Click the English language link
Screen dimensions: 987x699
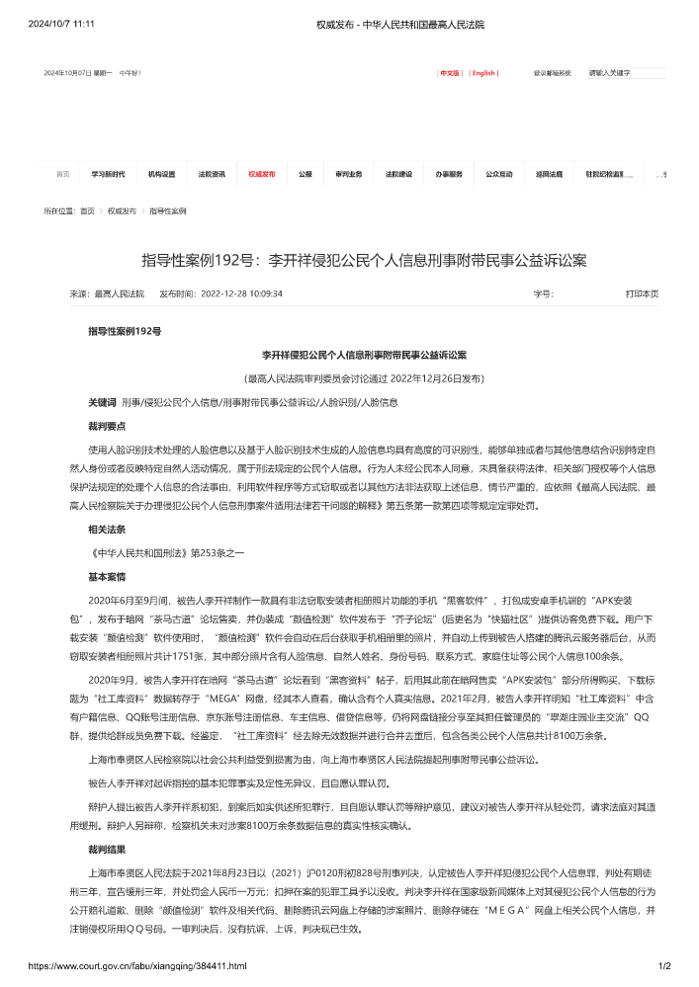pos(483,73)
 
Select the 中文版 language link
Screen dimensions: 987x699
pos(450,73)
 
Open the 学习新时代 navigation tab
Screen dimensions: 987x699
pos(109,174)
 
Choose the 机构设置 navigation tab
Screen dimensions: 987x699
pos(161,174)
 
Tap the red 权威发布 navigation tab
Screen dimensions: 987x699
pos(262,174)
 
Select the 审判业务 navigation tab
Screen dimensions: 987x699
pos(349,174)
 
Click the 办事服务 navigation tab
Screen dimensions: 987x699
pos(449,174)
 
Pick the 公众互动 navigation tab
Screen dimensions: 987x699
pos(498,174)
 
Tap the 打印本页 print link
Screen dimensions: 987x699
pos(642,293)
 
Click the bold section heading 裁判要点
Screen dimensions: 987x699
pos(107,426)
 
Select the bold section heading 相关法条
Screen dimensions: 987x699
pos(107,530)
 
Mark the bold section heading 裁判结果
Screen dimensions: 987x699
pos(107,849)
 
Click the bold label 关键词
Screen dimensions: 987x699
pos(102,402)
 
